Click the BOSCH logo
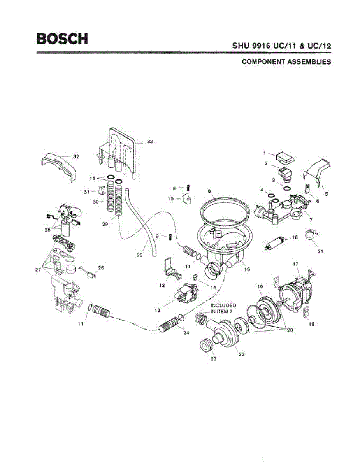click(x=62, y=39)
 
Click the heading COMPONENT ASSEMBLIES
click(x=286, y=62)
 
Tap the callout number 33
click(x=150, y=141)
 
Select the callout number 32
click(x=76, y=157)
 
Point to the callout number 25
click(x=139, y=256)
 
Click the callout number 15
click(x=247, y=269)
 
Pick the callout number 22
click(x=242, y=354)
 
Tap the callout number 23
click(x=213, y=359)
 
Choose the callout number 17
click(x=296, y=264)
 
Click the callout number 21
click(x=320, y=251)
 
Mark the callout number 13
click(x=158, y=310)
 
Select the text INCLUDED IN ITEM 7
click(x=223, y=308)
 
